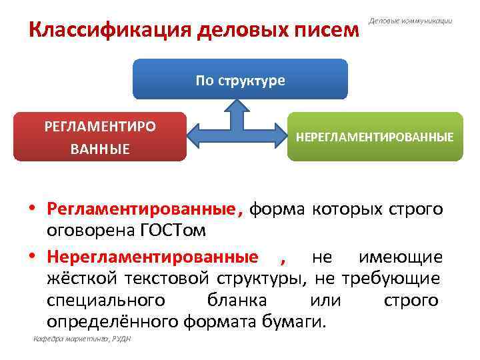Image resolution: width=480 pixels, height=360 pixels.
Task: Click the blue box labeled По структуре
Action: pyautogui.click(x=240, y=79)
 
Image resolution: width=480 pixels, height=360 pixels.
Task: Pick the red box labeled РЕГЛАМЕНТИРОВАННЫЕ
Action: pyautogui.click(x=100, y=137)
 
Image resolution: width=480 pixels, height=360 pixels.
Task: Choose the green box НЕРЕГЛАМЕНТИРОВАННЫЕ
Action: pyautogui.click(x=374, y=137)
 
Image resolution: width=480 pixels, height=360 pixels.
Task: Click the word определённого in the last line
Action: pyautogui.click(x=113, y=322)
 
